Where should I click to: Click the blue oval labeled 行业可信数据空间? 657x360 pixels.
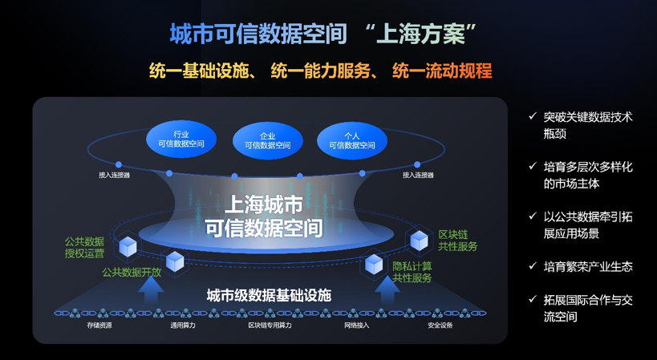tap(181, 140)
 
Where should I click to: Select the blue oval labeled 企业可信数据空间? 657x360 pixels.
tap(268, 140)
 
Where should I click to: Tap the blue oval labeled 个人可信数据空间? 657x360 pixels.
tap(352, 140)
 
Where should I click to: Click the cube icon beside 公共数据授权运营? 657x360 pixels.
tap(128, 246)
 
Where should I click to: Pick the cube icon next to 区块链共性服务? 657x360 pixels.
tap(419, 241)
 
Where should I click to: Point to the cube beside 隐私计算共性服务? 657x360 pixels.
tap(374, 264)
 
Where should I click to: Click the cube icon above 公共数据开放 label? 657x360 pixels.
tap(175, 261)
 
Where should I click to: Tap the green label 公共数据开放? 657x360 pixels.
tap(132, 272)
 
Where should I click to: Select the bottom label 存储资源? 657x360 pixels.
tap(99, 326)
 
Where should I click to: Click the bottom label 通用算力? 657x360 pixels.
tap(183, 326)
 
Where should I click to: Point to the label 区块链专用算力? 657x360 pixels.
tap(270, 326)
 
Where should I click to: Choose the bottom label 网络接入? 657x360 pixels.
tap(356, 326)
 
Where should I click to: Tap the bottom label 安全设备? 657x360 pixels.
tap(440, 326)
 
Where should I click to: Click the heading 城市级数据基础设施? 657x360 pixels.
tap(269, 296)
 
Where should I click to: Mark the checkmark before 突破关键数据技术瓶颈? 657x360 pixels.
tap(533, 116)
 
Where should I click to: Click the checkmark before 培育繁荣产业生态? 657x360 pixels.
tap(533, 266)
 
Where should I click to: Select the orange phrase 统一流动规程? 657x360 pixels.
tap(442, 71)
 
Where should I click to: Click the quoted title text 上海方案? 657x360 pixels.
tap(420, 34)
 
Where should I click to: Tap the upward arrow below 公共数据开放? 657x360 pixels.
tap(152, 289)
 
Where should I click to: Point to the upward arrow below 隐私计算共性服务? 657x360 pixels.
tap(387, 289)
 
